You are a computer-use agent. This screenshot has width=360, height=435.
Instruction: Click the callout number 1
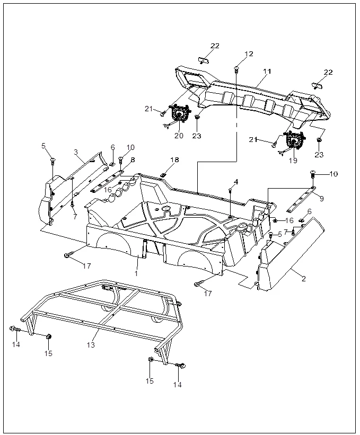(x=136, y=273)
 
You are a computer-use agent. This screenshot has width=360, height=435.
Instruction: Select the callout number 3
(x=76, y=152)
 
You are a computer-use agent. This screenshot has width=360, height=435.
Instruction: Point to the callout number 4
(x=236, y=182)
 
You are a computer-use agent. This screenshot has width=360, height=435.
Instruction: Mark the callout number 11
(x=266, y=70)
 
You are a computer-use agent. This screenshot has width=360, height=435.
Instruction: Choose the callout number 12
(x=249, y=54)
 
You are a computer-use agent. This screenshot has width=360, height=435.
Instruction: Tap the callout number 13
(x=91, y=344)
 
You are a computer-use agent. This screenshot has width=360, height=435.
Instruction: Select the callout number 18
(x=174, y=160)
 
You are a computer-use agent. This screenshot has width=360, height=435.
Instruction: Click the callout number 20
(x=179, y=136)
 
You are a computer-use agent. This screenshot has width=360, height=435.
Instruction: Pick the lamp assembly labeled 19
(x=293, y=142)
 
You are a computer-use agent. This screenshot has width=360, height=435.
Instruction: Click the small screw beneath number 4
(x=230, y=190)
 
